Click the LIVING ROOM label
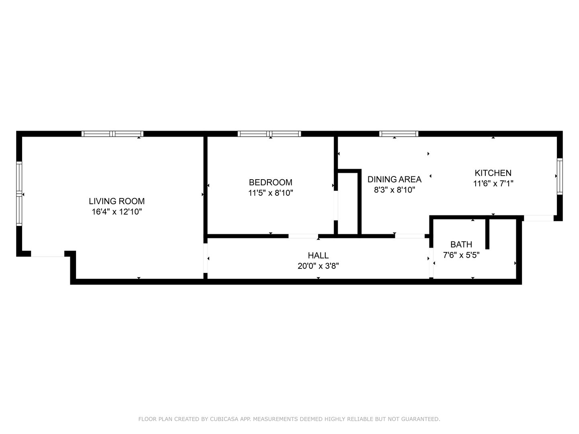[x=117, y=201]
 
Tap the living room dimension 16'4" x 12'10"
[x=117, y=212]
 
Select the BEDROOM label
[x=270, y=182]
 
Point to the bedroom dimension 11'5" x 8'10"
[x=270, y=193]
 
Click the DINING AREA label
[x=394, y=179]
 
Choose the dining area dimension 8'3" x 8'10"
[x=394, y=190]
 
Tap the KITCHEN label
[x=493, y=173]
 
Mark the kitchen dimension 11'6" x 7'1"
[x=493, y=184]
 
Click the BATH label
[x=461, y=244]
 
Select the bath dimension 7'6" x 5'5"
[x=461, y=255]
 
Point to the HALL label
[x=318, y=255]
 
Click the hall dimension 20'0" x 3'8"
[x=318, y=266]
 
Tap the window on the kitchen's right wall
[x=559, y=176]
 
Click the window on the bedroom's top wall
[x=269, y=134]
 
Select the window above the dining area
[x=398, y=134]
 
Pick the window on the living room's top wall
[x=112, y=134]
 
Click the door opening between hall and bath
[x=431, y=263]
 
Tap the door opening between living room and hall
[x=205, y=258]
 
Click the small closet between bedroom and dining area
[x=348, y=203]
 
